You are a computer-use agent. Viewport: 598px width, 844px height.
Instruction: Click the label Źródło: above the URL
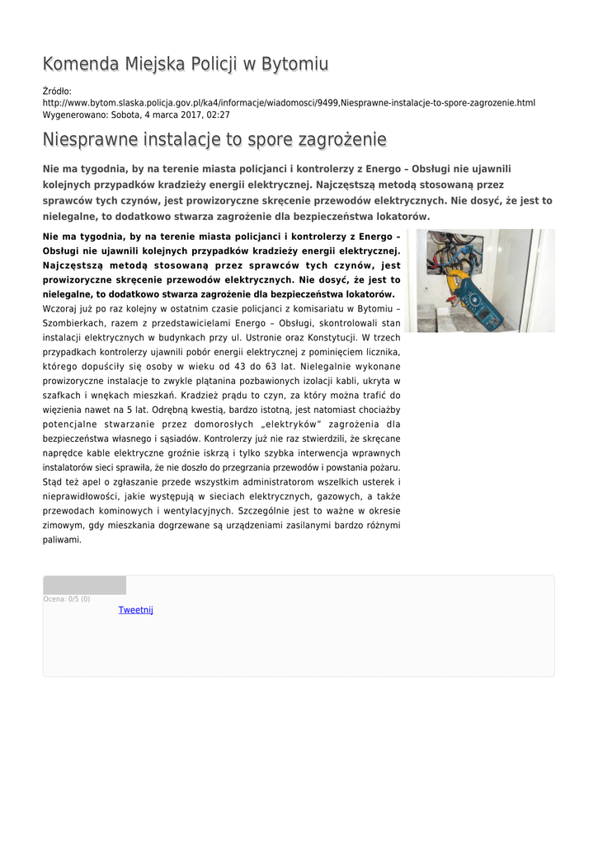pos(57,91)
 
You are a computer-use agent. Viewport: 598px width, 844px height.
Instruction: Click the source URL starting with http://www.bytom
pos(289,103)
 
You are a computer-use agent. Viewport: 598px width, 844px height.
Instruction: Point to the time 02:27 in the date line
pos(218,115)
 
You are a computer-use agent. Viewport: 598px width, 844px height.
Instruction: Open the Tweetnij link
pos(135,610)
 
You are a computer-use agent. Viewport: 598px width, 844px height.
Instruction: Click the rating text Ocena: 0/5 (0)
pos(67,599)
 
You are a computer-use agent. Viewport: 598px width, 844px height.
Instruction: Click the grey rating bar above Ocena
pos(84,585)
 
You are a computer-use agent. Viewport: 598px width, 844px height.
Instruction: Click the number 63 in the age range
pos(318,367)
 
